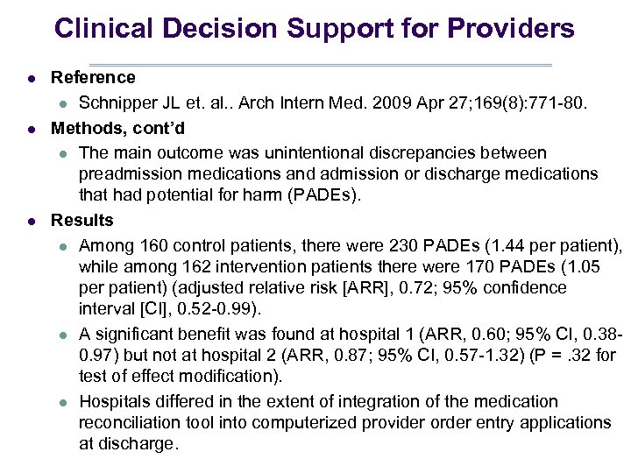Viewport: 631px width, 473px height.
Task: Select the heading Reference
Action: coord(93,78)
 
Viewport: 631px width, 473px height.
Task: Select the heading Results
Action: coord(82,220)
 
